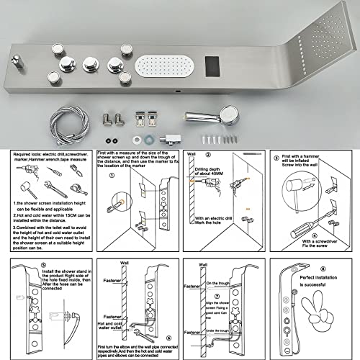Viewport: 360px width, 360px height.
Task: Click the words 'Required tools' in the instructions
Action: click(28, 153)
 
